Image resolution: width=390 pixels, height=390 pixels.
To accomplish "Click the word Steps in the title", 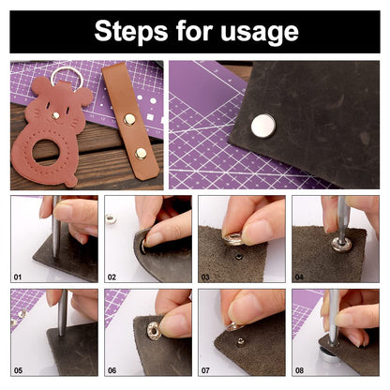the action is tap(131, 31).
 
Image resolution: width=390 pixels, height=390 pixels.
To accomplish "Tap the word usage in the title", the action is tap(260, 33).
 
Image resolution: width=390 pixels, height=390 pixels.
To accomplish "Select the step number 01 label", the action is tap(18, 277).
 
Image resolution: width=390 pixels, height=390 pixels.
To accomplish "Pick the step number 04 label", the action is tap(299, 277).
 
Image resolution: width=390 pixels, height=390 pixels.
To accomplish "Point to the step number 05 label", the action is tap(18, 370).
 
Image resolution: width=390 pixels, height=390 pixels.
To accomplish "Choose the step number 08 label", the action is tap(299, 370).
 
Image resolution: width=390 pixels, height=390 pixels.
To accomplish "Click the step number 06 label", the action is tap(112, 370).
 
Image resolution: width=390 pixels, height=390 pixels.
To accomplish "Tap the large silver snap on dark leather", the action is tap(263, 126).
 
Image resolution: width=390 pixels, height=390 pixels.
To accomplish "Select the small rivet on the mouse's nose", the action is tap(55, 115).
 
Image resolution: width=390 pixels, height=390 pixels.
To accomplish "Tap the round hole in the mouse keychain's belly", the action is tap(46, 151).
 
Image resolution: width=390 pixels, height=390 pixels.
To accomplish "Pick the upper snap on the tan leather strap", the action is tap(129, 119).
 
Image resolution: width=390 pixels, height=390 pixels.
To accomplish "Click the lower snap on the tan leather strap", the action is tap(141, 154).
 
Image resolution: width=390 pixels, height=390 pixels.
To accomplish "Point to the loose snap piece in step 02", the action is tap(111, 218).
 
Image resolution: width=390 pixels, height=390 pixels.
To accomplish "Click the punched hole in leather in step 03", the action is tap(239, 257).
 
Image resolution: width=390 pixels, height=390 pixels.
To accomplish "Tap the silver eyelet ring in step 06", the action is tap(155, 331).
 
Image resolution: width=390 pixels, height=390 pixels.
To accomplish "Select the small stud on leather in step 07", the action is tap(240, 341).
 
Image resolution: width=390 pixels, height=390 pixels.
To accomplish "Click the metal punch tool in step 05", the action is tap(63, 312).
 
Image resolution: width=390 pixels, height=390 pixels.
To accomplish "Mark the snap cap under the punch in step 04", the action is tap(341, 244).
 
